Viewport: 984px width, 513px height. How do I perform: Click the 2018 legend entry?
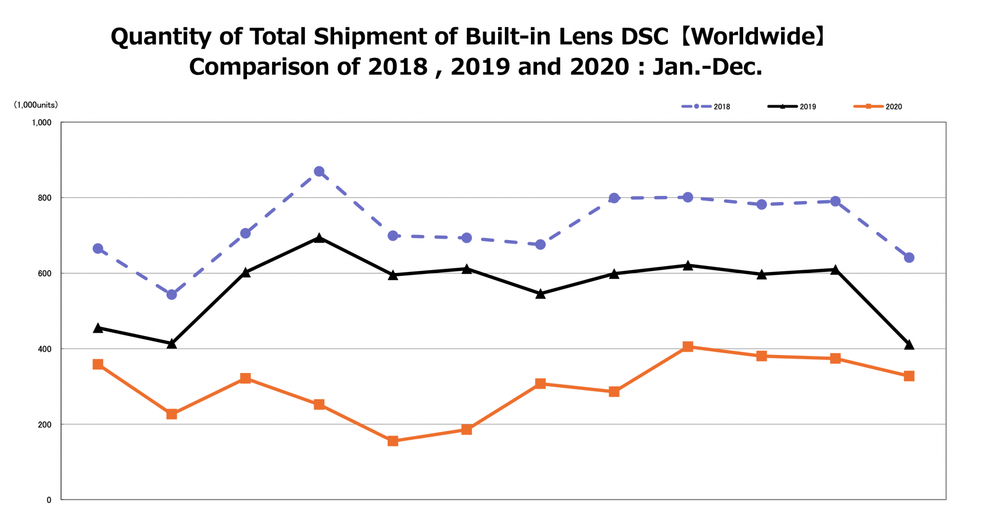[x=705, y=107]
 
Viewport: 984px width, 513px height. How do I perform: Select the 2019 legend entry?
[x=792, y=107]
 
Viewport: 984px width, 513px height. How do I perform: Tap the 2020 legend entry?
[x=878, y=107]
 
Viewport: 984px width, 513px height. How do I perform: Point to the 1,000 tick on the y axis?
[x=42, y=123]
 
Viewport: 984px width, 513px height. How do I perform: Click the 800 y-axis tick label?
[x=45, y=198]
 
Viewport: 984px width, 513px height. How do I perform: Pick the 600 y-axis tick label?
[x=45, y=273]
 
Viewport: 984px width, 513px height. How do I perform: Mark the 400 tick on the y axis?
[x=45, y=349]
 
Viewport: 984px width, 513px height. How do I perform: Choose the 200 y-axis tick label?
[x=45, y=425]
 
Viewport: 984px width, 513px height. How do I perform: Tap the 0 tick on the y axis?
[x=49, y=500]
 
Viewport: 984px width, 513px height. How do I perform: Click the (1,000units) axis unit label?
[x=36, y=105]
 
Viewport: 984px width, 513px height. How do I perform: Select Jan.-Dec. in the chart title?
[x=707, y=67]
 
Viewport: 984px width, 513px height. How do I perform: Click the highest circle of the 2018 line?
[x=319, y=171]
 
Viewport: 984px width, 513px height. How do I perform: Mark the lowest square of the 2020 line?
[x=393, y=441]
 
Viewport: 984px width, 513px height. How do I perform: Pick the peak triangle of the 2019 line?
[x=319, y=238]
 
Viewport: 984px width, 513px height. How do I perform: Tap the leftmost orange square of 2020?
[x=98, y=364]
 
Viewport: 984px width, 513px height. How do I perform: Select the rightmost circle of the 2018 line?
[x=909, y=258]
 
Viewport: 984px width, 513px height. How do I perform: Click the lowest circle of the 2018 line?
[x=172, y=294]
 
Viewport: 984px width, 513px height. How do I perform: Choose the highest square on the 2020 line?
[x=688, y=347]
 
